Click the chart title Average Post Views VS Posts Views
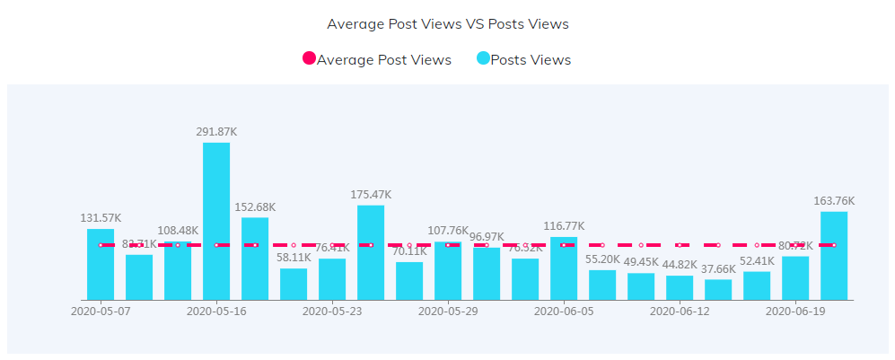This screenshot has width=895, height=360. point(447,24)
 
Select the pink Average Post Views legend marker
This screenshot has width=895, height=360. point(309,59)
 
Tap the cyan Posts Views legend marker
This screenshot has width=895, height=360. point(483,59)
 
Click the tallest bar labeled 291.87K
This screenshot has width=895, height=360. point(216,221)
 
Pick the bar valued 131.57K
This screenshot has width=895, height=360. point(101,264)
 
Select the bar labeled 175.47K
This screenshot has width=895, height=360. point(371,252)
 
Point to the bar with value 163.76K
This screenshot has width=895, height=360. point(834,256)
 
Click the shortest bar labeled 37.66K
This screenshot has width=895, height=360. point(718,289)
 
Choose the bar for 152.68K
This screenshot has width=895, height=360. point(255,259)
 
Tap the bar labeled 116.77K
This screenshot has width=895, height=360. point(564,268)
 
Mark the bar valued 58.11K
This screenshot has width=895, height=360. point(294,284)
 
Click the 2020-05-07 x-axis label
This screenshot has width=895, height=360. point(101,312)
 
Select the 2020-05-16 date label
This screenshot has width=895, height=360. point(216,312)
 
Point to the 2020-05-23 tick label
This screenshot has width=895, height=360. point(332,312)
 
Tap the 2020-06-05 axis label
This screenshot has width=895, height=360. point(564,312)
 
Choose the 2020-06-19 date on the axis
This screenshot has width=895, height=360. point(795,312)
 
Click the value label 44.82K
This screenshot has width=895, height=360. point(680,264)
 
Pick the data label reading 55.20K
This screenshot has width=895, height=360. point(602,259)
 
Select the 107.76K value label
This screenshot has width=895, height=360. point(448,230)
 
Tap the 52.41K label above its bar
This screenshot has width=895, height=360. point(757,260)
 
